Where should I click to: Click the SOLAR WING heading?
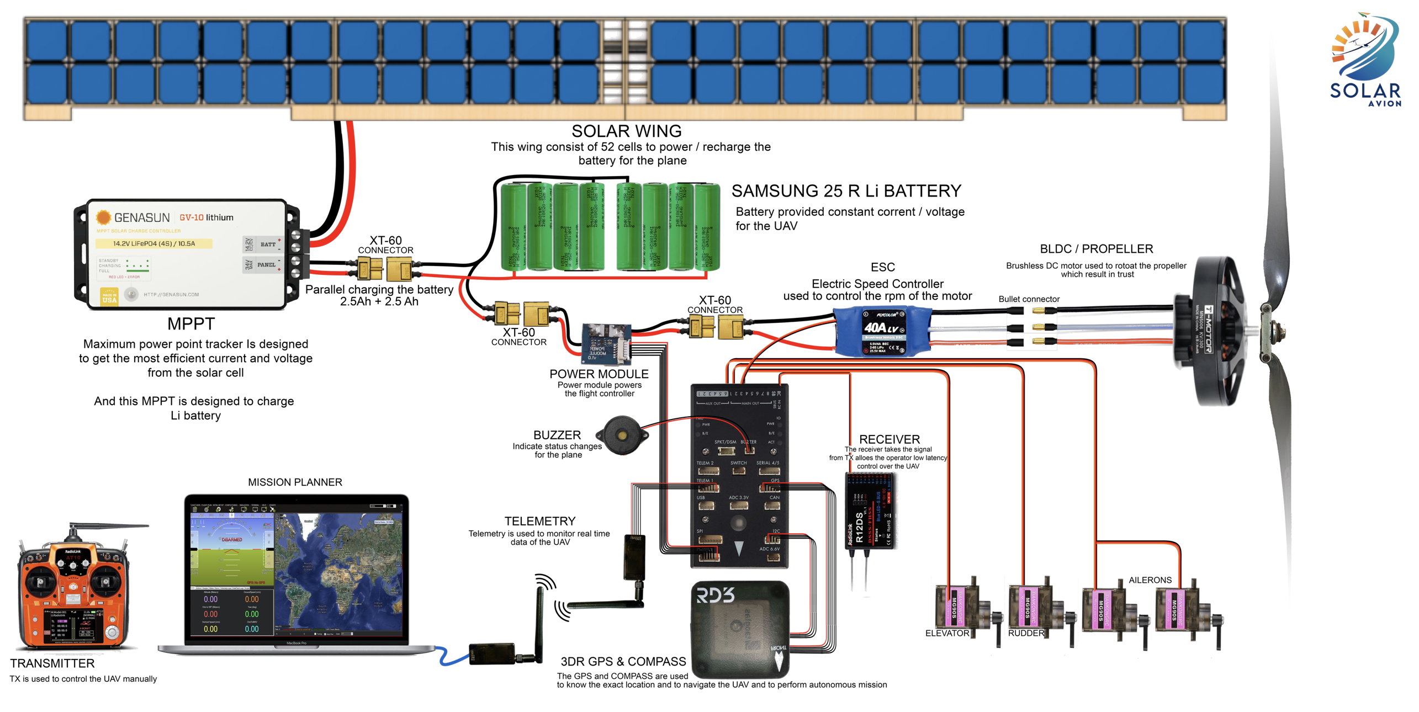[626, 131]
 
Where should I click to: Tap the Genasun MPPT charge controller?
[185, 254]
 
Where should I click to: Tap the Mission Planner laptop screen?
[296, 571]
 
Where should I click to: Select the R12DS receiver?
[870, 511]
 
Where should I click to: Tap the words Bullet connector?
[1029, 299]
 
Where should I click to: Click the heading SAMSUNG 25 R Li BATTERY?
[846, 191]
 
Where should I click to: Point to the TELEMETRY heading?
[539, 521]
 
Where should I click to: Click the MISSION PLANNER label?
[295, 482]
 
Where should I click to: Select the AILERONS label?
[1150, 580]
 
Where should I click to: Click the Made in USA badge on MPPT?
[109, 297]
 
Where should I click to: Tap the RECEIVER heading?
[889, 439]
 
